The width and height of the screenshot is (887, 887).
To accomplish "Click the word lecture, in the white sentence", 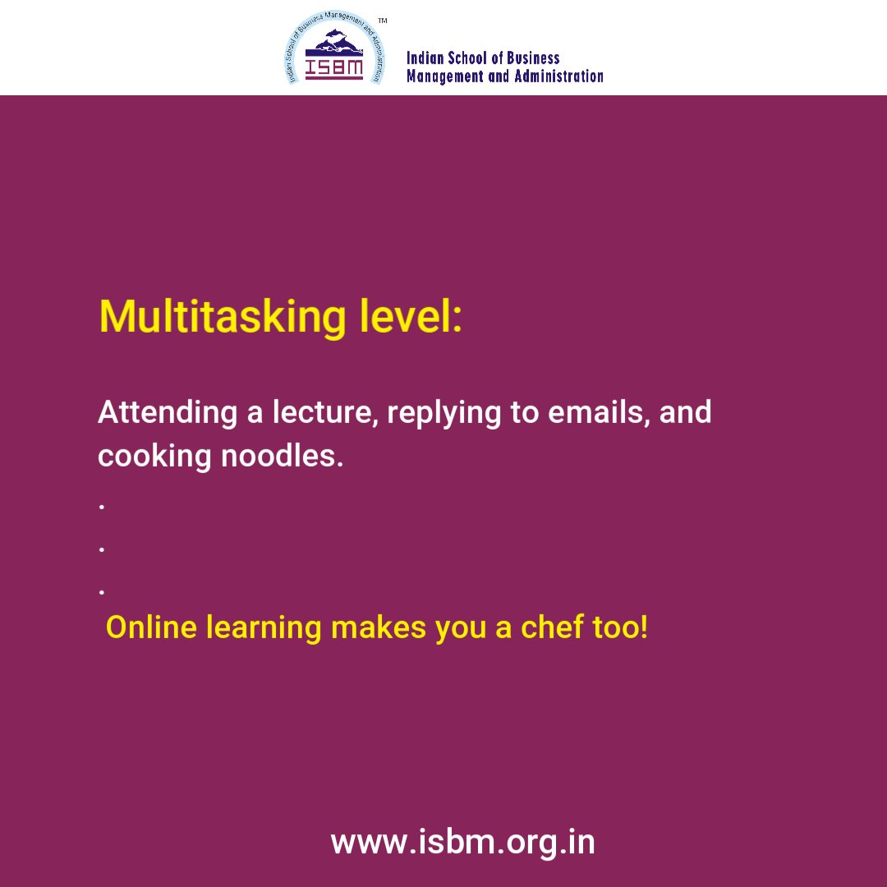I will tap(321, 412).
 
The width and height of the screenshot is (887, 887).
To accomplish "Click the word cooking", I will tap(154, 457).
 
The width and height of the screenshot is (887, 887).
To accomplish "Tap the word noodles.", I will tap(282, 456).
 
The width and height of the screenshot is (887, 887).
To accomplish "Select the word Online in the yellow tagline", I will tap(151, 627).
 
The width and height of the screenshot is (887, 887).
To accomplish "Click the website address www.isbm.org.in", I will tap(462, 843).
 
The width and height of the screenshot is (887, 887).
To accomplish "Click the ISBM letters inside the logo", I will tap(333, 67).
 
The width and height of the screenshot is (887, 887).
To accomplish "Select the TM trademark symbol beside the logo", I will tap(383, 20).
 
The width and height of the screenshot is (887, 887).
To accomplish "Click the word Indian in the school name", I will tap(425, 58).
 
